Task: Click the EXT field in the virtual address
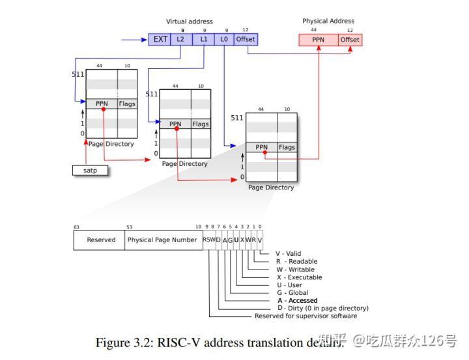pyautogui.click(x=160, y=39)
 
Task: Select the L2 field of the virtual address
pyautogui.click(x=181, y=39)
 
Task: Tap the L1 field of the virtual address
pyautogui.click(x=203, y=39)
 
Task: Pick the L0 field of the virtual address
pyautogui.click(x=224, y=39)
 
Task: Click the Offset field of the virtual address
pyautogui.click(x=246, y=39)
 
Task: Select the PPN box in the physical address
pyautogui.click(x=319, y=40)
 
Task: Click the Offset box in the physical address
pyautogui.click(x=350, y=40)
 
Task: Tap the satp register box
pyautogui.click(x=89, y=171)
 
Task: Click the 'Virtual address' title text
pyautogui.click(x=189, y=21)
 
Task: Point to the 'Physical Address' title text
pyautogui.click(x=328, y=21)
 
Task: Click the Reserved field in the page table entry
pyautogui.click(x=101, y=240)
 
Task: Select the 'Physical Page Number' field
pyautogui.click(x=162, y=240)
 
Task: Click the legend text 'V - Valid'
pyautogui.click(x=288, y=254)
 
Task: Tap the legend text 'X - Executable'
pyautogui.click(x=298, y=277)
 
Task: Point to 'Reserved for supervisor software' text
pyautogui.click(x=306, y=316)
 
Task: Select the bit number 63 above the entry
pyautogui.click(x=76, y=227)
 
